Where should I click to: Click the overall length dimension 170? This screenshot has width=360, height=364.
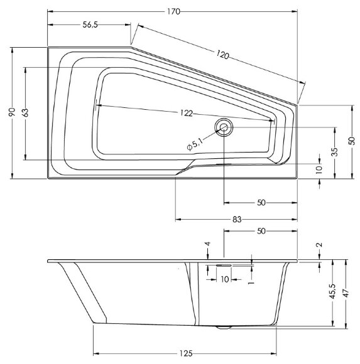(x=172, y=9)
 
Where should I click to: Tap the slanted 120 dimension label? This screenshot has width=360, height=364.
(x=221, y=55)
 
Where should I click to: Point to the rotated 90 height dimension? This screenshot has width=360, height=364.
(x=11, y=112)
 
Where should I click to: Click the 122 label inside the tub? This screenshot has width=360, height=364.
(x=184, y=113)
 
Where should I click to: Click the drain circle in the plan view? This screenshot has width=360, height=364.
(x=224, y=128)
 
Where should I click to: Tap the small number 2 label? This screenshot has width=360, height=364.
(x=320, y=245)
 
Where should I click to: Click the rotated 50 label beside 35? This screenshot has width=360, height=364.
(x=352, y=142)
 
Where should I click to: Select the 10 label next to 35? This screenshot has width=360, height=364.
(x=319, y=169)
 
